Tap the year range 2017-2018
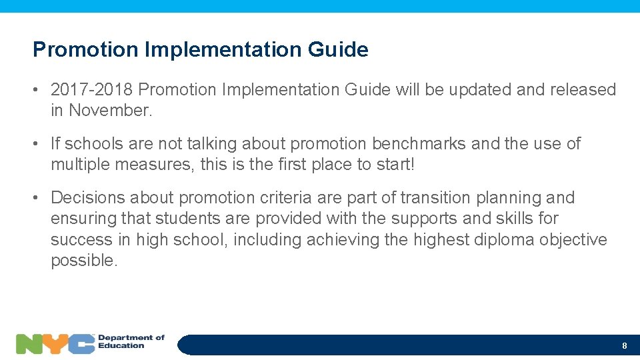point(91,89)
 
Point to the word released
point(583,89)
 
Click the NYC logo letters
point(55,343)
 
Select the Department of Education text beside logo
point(131,342)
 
